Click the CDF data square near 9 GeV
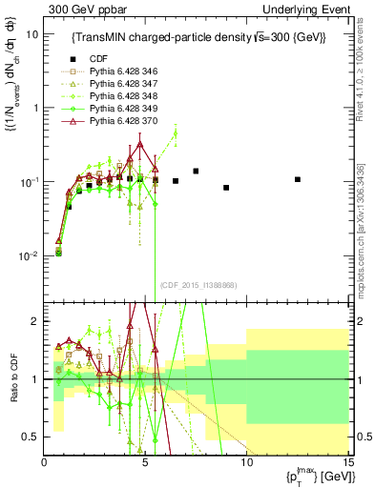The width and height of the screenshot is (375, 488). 226,188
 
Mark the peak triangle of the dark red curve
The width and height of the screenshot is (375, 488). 140,144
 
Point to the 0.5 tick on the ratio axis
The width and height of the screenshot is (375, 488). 32,437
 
